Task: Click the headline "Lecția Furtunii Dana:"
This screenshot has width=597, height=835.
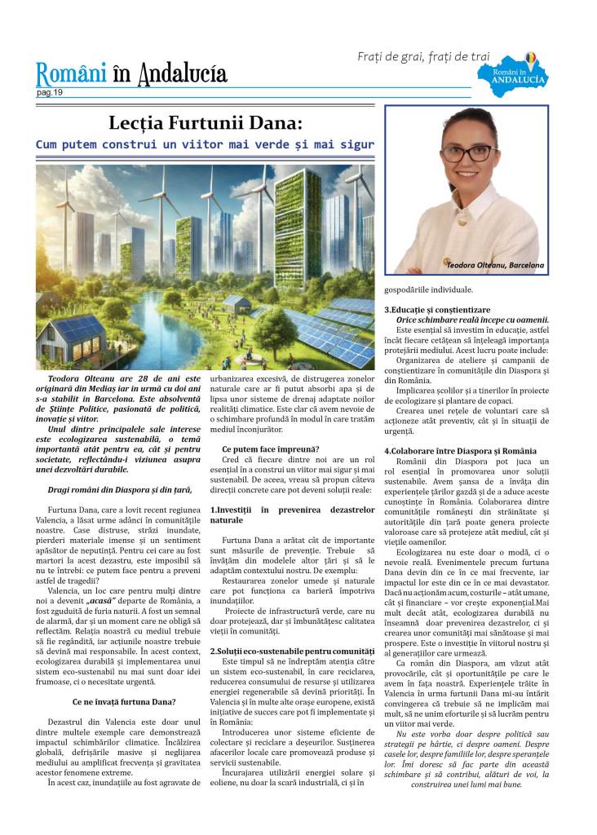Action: click(205, 123)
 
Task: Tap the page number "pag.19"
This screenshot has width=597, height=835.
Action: click(50, 93)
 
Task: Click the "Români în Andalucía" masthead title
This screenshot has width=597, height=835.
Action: click(131, 75)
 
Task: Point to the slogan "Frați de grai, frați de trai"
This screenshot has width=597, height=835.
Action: click(423, 56)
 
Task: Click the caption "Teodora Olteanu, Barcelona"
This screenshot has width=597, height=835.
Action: click(495, 266)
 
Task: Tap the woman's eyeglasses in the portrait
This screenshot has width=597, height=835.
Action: click(467, 152)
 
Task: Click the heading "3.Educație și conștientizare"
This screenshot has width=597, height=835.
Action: click(437, 310)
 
